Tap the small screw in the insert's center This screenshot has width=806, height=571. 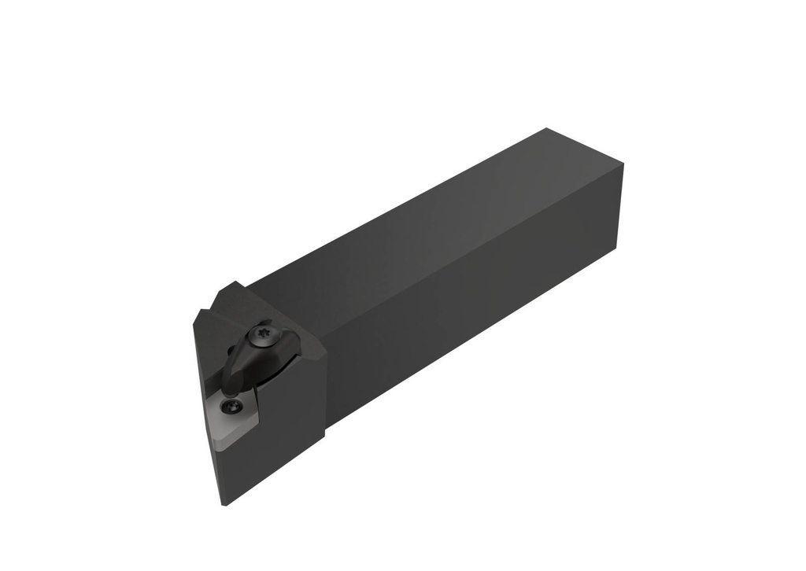coord(231,407)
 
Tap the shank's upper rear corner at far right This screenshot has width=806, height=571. coord(623,164)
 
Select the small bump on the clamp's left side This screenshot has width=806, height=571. coord(231,351)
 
